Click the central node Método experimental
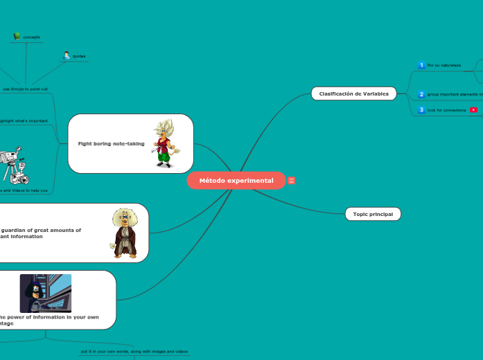[x=236, y=181]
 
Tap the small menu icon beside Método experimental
[x=292, y=181]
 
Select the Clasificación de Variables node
[x=353, y=93]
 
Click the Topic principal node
[x=373, y=214]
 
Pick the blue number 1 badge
[x=421, y=65]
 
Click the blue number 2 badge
[x=421, y=94]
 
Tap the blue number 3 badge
[x=421, y=110]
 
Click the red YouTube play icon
[x=473, y=110]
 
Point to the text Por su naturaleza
[x=444, y=65]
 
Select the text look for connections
[x=447, y=110]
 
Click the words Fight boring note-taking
[x=106, y=143]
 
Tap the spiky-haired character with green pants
[x=165, y=143]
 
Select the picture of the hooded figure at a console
[x=46, y=294]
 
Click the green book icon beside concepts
[x=17, y=36]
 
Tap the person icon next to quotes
[x=67, y=55]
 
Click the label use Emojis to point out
[x=25, y=89]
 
